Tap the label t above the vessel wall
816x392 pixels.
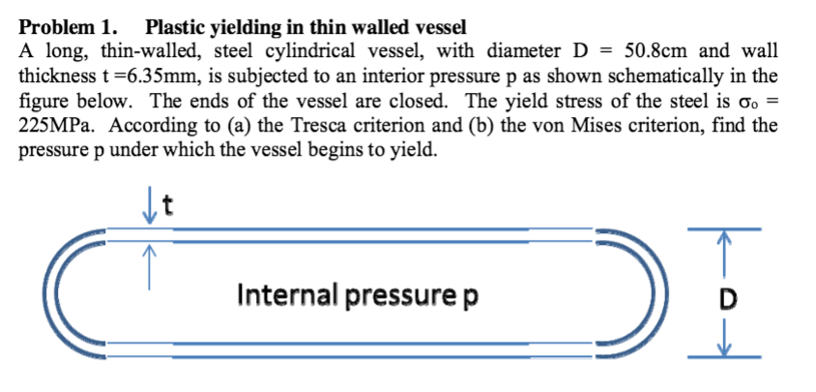(x=167, y=207)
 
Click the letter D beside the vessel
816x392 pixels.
(x=727, y=299)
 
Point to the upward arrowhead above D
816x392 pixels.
(x=723, y=238)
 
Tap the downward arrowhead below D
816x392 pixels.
(x=723, y=348)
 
